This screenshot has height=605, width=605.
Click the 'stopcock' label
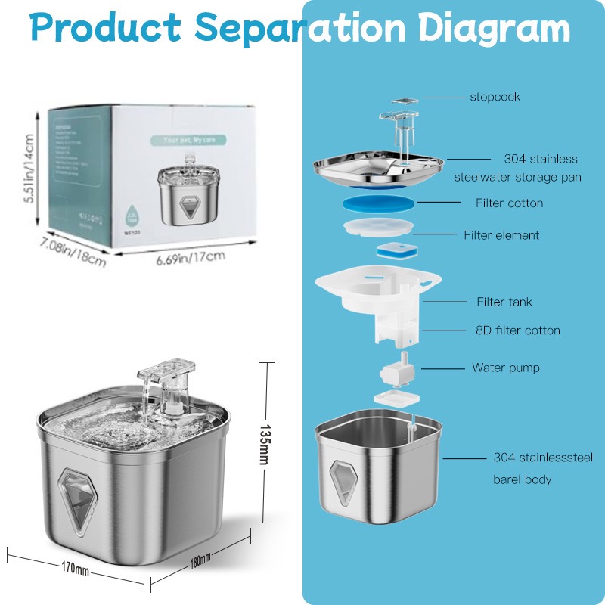click(x=495, y=97)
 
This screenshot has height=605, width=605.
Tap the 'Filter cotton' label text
click(x=509, y=203)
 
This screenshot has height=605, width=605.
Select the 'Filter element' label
click(x=501, y=235)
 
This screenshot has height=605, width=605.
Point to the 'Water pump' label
click(x=506, y=368)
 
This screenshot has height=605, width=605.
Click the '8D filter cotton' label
click(x=518, y=330)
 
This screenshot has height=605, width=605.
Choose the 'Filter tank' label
click(x=504, y=302)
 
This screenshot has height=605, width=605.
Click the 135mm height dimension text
click(x=265, y=442)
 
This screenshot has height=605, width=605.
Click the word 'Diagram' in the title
click(x=495, y=28)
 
